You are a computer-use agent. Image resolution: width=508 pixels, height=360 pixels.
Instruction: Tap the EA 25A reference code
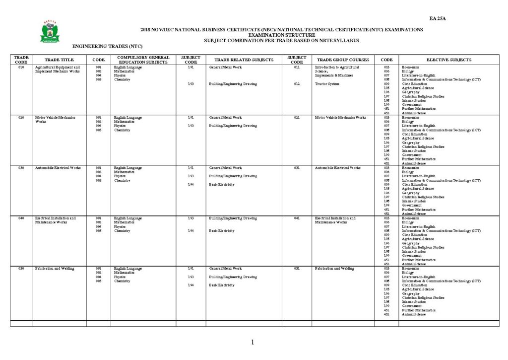pyautogui.click(x=438, y=19)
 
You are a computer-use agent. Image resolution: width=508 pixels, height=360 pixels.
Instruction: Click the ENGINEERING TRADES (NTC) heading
pyautogui.click(x=107, y=46)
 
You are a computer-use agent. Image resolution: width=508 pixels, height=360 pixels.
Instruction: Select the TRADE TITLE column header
pyautogui.click(x=59, y=60)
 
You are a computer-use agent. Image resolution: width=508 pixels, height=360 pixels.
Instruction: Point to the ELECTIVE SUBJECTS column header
pyautogui.click(x=449, y=60)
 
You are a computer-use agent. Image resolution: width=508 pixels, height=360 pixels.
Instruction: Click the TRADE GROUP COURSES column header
pyautogui.click(x=343, y=60)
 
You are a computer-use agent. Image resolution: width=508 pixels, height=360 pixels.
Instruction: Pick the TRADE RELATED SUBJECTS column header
pyautogui.click(x=244, y=60)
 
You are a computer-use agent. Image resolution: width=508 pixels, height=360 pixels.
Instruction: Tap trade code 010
pyautogui.click(x=21, y=67)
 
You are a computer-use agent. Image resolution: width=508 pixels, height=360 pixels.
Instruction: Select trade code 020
pyautogui.click(x=21, y=118)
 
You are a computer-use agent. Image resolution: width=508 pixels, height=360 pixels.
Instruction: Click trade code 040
pyautogui.click(x=21, y=218)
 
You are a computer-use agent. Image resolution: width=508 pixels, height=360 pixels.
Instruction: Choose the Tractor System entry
pyautogui.click(x=327, y=84)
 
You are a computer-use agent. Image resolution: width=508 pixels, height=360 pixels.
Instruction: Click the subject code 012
pyautogui.click(x=297, y=84)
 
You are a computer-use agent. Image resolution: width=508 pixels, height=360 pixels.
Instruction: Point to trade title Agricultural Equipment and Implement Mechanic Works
pyautogui.click(x=58, y=69)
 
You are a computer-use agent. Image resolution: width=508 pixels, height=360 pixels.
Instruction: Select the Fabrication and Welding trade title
pyautogui.click(x=55, y=268)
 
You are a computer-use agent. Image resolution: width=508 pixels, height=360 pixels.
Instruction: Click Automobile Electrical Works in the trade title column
pyautogui.click(x=58, y=168)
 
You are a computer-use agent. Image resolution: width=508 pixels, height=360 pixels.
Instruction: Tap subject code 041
pyautogui.click(x=297, y=218)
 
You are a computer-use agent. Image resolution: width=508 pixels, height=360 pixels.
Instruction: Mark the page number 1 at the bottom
pyautogui.click(x=253, y=342)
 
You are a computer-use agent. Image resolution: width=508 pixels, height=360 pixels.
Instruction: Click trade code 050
pyautogui.click(x=21, y=268)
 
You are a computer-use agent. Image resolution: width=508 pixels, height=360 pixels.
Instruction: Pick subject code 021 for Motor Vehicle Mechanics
pyautogui.click(x=297, y=118)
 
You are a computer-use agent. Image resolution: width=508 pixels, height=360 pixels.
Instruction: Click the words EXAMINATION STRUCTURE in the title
pyautogui.click(x=281, y=35)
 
